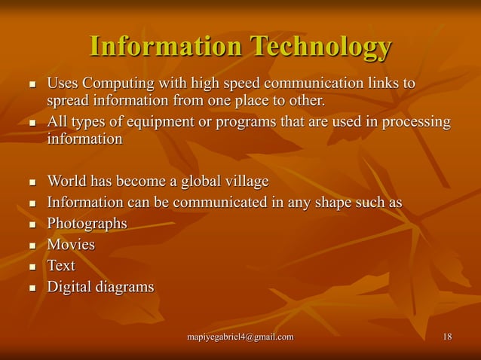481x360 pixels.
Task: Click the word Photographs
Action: (x=87, y=224)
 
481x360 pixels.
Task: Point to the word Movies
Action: (x=71, y=245)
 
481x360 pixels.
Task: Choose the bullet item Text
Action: (x=61, y=265)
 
